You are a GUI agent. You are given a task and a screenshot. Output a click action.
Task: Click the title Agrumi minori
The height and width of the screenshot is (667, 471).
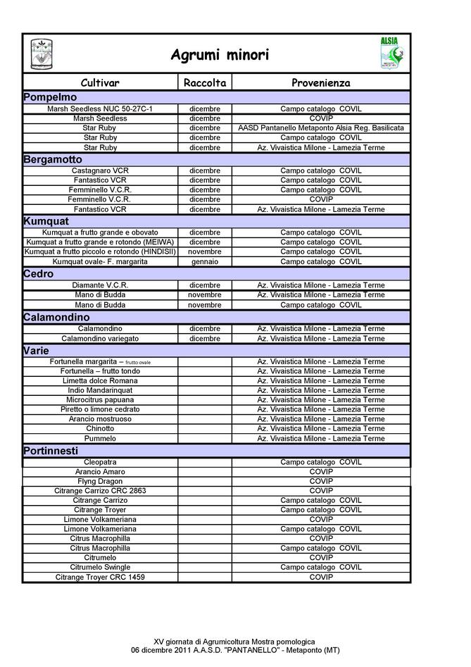(219, 55)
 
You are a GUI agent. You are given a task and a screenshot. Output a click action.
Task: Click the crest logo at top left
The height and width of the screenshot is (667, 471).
(42, 54)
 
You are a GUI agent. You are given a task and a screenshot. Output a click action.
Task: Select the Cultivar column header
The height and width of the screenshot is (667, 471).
(100, 82)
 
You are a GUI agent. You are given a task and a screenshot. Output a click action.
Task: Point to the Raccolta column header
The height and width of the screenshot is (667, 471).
(204, 82)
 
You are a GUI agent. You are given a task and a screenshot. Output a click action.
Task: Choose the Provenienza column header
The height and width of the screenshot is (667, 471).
(320, 82)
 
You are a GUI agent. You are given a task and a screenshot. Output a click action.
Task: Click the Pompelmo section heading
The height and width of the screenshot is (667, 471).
(50, 97)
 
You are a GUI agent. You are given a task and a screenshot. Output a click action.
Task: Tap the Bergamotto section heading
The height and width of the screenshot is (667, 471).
(53, 160)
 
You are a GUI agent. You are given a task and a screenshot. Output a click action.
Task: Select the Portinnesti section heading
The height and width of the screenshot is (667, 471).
(51, 451)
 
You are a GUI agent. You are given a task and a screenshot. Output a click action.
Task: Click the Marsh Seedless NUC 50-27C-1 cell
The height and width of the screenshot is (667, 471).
(100, 109)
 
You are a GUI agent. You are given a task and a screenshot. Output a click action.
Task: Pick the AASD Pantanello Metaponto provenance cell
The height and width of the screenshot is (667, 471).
(320, 128)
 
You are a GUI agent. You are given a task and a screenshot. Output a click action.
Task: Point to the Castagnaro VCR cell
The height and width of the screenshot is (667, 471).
(100, 170)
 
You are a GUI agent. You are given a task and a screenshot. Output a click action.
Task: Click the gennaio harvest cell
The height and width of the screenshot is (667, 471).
(204, 261)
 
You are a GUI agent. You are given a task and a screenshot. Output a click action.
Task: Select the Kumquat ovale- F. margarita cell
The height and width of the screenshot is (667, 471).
(100, 261)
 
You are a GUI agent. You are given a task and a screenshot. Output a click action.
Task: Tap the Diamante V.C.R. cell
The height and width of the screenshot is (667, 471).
(100, 285)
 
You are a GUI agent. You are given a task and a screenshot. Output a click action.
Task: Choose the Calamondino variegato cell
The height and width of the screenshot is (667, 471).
(100, 338)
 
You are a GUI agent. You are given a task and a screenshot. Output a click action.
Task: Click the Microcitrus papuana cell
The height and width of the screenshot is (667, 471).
(100, 399)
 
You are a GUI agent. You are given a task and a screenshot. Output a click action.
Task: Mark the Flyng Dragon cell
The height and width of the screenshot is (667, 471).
(100, 481)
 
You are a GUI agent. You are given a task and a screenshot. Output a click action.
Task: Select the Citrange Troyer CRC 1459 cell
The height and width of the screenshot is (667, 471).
(100, 577)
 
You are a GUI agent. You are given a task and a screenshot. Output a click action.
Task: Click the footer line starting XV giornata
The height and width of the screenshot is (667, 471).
(234, 642)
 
